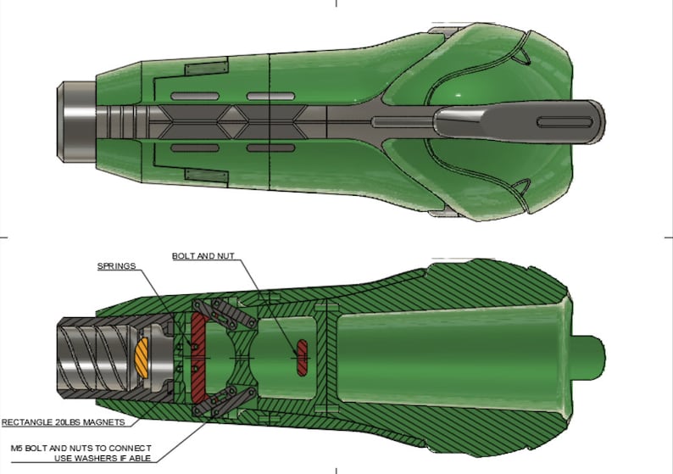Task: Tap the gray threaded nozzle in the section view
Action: [x=93, y=357]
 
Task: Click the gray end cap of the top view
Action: [x=73, y=120]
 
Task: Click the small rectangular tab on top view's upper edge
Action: [x=206, y=65]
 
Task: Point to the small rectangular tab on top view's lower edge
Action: [x=206, y=177]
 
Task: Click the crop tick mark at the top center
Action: [x=336, y=3]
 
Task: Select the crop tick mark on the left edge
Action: [x=3, y=237]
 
